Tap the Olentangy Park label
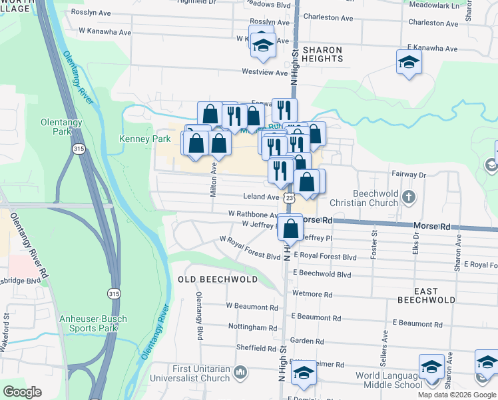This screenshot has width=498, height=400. point(62,127)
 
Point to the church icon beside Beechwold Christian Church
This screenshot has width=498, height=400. point(409,197)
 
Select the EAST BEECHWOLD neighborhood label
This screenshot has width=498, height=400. point(425,295)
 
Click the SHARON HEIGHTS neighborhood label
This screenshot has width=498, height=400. point(322,54)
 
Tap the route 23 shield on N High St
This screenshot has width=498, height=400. point(289,198)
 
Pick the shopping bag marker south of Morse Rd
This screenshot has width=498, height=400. point(291,229)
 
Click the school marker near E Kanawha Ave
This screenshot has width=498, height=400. point(409,63)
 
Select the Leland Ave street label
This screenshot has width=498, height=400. point(262,197)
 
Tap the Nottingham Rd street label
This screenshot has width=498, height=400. point(252,328)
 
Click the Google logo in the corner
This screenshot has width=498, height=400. point(23,392)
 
